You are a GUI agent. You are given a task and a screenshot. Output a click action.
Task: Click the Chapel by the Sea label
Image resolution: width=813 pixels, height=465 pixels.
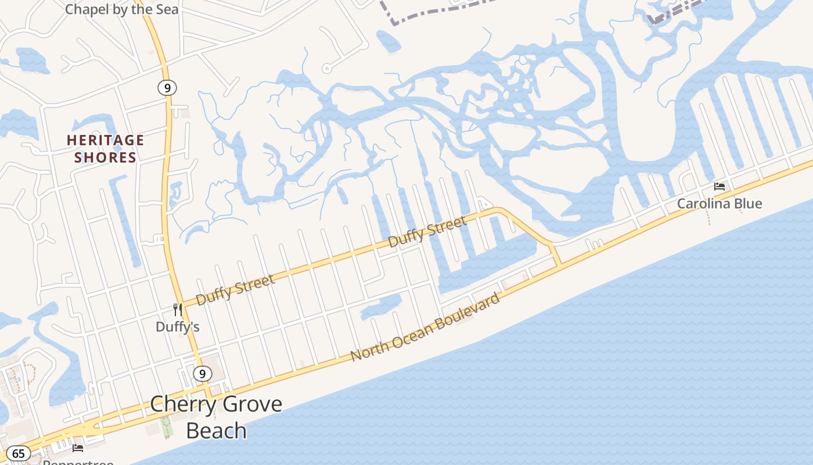[122, 9]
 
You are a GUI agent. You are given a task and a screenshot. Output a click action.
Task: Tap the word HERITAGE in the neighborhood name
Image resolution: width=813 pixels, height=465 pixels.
[105, 140]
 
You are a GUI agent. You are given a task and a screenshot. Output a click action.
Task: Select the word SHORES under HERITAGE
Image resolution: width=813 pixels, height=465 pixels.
[105, 158]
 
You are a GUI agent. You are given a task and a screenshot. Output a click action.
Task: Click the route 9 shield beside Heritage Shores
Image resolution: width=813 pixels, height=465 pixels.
[167, 88]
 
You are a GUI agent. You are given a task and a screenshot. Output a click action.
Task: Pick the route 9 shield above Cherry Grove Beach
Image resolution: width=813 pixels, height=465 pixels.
[202, 374]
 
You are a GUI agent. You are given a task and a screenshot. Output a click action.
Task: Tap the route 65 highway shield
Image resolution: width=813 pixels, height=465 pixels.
[19, 453]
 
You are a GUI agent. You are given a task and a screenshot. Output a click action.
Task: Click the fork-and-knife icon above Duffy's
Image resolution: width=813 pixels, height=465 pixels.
[178, 310]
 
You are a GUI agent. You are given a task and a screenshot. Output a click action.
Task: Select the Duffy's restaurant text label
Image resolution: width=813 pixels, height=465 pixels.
[178, 327]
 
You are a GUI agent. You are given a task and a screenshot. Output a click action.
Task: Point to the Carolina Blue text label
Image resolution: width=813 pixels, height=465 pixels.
[720, 204]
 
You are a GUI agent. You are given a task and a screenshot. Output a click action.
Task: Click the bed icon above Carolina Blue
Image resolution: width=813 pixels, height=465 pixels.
[720, 187]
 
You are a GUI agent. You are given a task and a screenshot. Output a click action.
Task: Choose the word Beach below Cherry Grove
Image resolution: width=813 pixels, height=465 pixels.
[216, 431]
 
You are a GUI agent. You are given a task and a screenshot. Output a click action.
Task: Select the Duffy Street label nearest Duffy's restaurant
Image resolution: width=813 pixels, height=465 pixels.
[235, 289]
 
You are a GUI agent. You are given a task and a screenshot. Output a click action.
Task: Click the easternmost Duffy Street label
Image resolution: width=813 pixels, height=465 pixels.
[427, 231]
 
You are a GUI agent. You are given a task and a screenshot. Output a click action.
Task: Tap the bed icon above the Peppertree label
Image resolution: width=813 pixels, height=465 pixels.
[78, 448]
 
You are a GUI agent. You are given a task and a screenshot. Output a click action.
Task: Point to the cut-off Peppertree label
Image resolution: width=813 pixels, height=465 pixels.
[78, 462]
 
